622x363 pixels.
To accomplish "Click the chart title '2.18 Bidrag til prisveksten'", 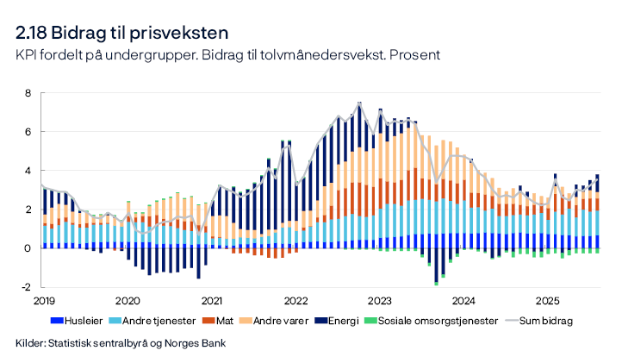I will pyautogui.click(x=121, y=34).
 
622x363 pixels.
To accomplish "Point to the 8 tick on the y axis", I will pyautogui.click(x=28, y=93).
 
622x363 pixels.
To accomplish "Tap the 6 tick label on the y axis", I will pyautogui.click(x=28, y=132).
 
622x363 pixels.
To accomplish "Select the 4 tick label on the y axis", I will pyautogui.click(x=28, y=171).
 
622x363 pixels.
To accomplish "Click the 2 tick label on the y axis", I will pyautogui.click(x=28, y=210).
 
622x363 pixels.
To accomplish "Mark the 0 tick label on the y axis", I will pyautogui.click(x=28, y=248).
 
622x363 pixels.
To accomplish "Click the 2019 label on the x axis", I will pyautogui.click(x=43, y=301).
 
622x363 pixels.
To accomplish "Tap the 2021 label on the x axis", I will pyautogui.click(x=211, y=301).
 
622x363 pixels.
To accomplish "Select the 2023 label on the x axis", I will pyautogui.click(x=380, y=301).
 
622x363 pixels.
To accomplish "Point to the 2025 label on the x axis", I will pyautogui.click(x=548, y=301).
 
